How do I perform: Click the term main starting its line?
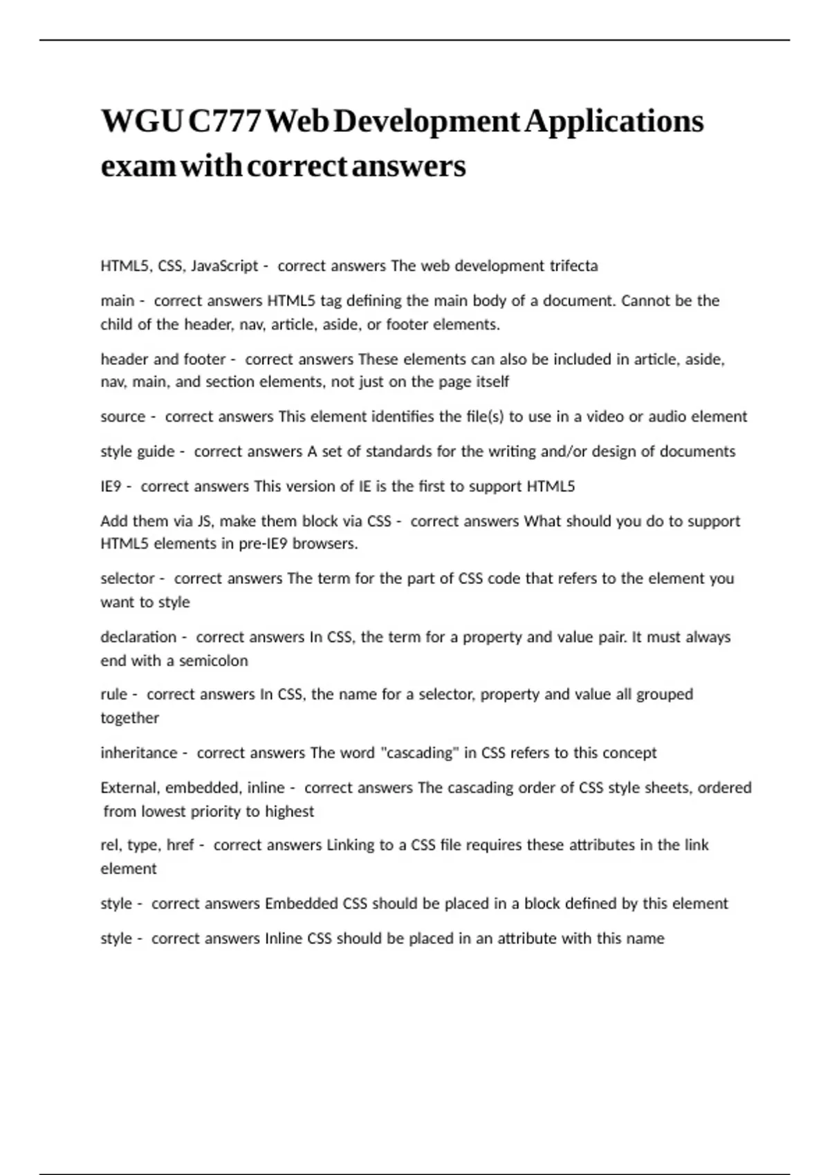pyautogui.click(x=118, y=301)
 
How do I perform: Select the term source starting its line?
pyautogui.click(x=123, y=417)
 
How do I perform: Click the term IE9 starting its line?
pyautogui.click(x=111, y=487)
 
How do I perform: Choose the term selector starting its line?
pyautogui.click(x=127, y=579)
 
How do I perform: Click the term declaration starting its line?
pyautogui.click(x=138, y=637)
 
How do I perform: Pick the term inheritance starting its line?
pyautogui.click(x=139, y=753)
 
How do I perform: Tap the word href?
pyautogui.click(x=181, y=845)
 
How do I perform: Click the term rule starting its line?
pyautogui.click(x=114, y=695)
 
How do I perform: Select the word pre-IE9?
pyautogui.click(x=264, y=544)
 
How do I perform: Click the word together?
pyautogui.click(x=130, y=718)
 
